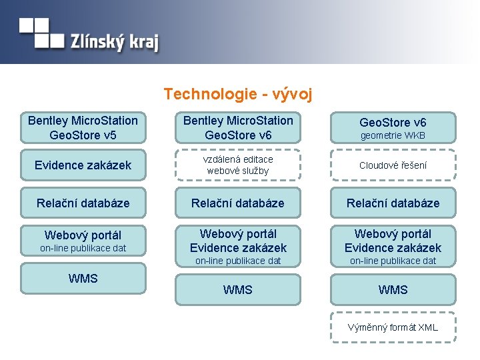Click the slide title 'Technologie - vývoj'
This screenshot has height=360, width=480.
pos(238,94)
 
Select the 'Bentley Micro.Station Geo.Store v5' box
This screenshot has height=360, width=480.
pos(83,128)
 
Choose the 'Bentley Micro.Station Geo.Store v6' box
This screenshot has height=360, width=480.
pos(238,128)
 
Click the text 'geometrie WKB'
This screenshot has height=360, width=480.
pos(393,136)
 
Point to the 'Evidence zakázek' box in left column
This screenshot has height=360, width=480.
pos(83,165)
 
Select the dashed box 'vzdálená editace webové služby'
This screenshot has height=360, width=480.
pos(238,165)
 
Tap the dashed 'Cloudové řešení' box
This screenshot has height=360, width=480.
pos(393,165)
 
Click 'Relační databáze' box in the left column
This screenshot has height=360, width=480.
pos(83,203)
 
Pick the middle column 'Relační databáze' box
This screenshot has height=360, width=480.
pos(238,203)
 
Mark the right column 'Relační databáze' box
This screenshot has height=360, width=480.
pos(393,203)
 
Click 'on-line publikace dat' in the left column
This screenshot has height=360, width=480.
pos(83,249)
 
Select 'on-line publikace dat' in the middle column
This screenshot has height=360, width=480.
pos(238,261)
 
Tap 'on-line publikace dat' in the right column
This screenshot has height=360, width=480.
pos(393,261)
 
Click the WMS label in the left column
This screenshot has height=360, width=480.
pos(83,278)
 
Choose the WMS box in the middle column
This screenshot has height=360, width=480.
pos(238,290)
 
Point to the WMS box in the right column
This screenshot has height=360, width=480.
pos(393,290)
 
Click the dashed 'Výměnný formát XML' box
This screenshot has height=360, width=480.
pos(393,327)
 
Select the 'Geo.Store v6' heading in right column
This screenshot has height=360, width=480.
pos(393,122)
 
